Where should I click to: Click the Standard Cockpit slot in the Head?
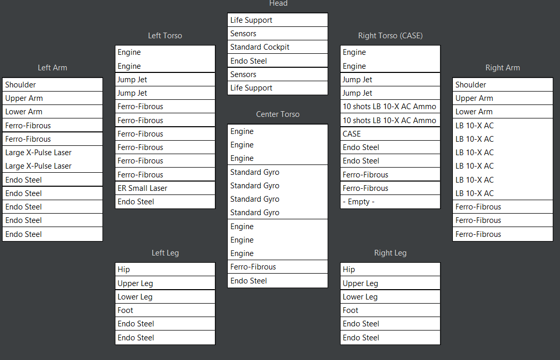277,47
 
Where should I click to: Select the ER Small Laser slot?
165,188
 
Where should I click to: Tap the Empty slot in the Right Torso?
390,202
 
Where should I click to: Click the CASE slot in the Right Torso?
390,133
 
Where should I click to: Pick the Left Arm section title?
52,68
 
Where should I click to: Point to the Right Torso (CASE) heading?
390,36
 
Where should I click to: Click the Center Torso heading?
277,114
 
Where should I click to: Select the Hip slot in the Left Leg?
165,269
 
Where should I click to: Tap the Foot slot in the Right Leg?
390,310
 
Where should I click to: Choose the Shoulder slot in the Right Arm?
503,85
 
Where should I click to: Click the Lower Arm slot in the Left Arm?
52,112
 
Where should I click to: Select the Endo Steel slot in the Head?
277,61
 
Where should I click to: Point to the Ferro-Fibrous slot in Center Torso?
277,267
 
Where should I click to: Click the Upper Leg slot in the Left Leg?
165,283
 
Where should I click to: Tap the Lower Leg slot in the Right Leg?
390,297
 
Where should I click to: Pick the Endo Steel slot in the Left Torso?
165,202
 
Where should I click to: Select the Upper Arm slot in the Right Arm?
503,98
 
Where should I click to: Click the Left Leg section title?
165,253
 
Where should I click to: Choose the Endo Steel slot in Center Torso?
277,281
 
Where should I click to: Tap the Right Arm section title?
503,68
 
